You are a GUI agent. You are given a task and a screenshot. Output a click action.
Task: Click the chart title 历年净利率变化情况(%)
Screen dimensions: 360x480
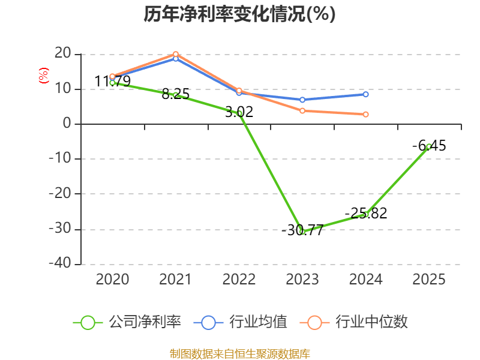[239, 14]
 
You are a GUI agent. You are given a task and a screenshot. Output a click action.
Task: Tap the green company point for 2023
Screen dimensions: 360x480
[302, 231]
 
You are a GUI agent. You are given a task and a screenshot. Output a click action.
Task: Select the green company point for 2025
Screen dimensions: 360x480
[429, 146]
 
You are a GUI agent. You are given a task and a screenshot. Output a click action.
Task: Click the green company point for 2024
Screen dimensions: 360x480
[365, 214]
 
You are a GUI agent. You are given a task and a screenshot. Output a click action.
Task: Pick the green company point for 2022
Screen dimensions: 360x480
[239, 113]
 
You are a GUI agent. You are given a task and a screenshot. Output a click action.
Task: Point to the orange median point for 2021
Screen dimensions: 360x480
[176, 54]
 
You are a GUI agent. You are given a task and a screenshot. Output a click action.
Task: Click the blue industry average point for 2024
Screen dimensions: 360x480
[365, 94]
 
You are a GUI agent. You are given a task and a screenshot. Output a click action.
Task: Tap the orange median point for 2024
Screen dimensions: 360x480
[365, 114]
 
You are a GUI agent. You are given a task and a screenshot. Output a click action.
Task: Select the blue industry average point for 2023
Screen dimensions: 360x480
[302, 100]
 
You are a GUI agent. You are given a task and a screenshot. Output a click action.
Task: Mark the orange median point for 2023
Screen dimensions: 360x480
[302, 110]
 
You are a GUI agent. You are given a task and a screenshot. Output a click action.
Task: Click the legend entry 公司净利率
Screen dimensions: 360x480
[127, 322]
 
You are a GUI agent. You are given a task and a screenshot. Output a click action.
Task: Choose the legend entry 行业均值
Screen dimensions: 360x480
[241, 322]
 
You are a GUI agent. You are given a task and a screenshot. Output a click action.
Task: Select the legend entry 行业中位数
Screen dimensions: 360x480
[358, 322]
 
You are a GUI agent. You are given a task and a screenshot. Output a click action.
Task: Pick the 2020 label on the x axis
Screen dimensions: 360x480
[112, 280]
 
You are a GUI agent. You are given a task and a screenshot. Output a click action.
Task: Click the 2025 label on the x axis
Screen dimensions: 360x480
[429, 280]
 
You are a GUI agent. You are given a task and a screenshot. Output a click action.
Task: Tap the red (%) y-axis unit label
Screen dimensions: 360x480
[43, 76]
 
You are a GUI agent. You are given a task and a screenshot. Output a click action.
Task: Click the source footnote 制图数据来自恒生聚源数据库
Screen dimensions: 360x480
[239, 353]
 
